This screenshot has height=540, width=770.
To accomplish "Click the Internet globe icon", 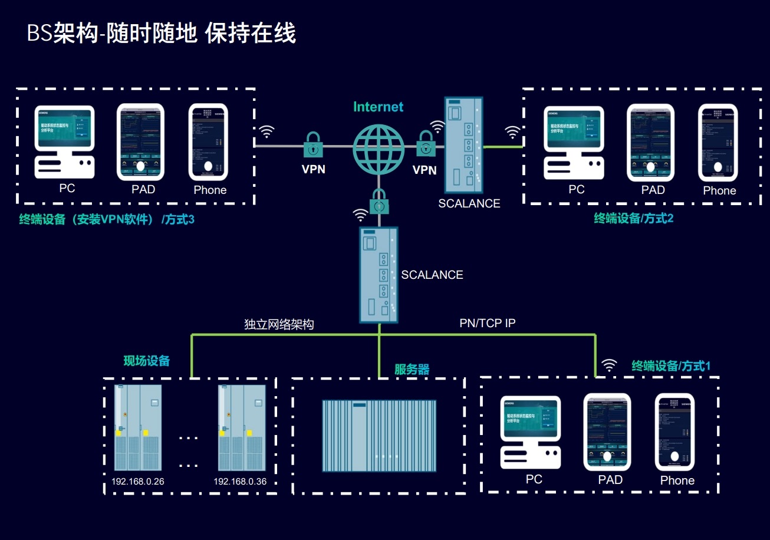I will pyautogui.click(x=379, y=149).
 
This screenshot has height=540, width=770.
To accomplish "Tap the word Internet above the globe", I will pyautogui.click(x=378, y=107).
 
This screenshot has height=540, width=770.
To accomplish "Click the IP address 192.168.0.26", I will pyautogui.click(x=137, y=482).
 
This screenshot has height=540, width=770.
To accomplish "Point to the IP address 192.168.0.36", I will pyautogui.click(x=240, y=482).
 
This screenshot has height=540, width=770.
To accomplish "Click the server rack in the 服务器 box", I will pyautogui.click(x=379, y=436).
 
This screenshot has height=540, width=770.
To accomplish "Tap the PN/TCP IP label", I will pyautogui.click(x=488, y=323).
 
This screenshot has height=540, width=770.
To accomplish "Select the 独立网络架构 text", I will pyautogui.click(x=279, y=324).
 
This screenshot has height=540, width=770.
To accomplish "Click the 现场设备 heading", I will pyautogui.click(x=146, y=361).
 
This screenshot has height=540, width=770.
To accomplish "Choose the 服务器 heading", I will pyautogui.click(x=412, y=370).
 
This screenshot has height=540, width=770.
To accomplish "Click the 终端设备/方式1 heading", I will pyautogui.click(x=671, y=366).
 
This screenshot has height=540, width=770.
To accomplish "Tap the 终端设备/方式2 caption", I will pyautogui.click(x=633, y=219).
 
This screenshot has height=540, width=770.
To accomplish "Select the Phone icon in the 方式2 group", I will pyautogui.click(x=718, y=143).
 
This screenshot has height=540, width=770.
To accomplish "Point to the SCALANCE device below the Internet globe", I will pyautogui.click(x=379, y=274).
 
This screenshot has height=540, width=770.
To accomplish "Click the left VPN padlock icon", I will pyautogui.click(x=313, y=145).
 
